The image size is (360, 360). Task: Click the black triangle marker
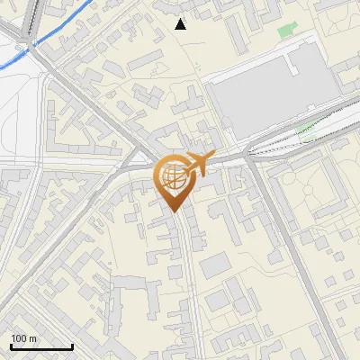coord(181,24)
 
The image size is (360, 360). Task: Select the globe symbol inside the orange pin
coord(175,178)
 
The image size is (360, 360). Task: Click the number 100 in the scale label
coord(19,338)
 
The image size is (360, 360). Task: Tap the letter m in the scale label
coord(32,338)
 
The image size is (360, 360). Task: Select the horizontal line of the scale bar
coord(41,346)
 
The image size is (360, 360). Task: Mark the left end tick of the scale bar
coord(11,345)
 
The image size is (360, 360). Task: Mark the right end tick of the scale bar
coord(72,345)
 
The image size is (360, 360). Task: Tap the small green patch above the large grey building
coord(286,30)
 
